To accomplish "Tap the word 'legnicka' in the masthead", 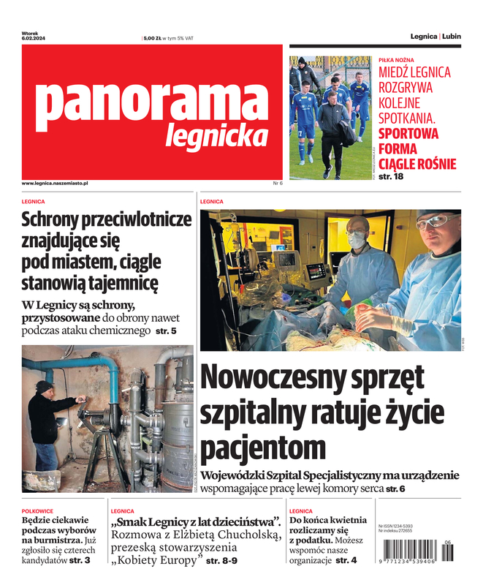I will coord(217,135).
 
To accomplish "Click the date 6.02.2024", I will coord(34,39).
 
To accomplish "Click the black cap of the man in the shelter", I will coord(45,385).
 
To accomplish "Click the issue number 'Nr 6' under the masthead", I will coord(277,183).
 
